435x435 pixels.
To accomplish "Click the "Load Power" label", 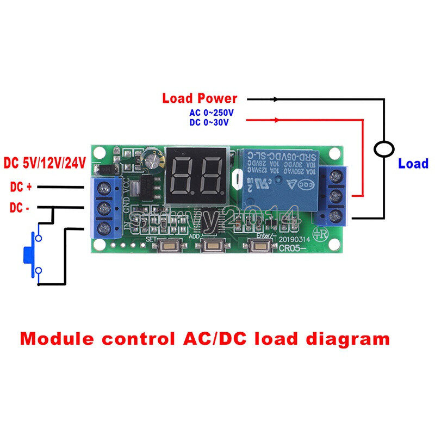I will (x=200, y=98).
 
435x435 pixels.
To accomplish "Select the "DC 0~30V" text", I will (x=209, y=123).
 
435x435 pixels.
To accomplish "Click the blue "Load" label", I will (x=413, y=163).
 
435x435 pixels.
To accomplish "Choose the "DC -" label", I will (x=21, y=208).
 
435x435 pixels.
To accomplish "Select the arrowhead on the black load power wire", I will (x=276, y=99).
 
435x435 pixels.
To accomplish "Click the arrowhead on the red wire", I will (x=277, y=120).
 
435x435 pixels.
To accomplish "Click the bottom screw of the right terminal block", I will (x=333, y=216).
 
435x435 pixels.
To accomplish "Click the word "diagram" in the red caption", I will (x=345, y=339).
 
